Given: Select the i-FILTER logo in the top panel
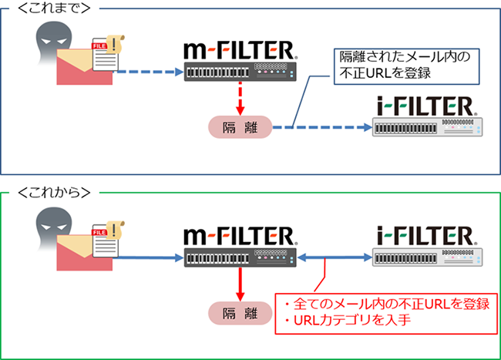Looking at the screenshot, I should click(x=428, y=104).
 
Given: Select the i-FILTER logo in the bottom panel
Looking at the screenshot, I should click(x=428, y=234).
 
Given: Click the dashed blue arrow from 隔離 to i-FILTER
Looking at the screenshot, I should click(x=320, y=127).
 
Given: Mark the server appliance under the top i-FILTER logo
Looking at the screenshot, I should click(x=428, y=127).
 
